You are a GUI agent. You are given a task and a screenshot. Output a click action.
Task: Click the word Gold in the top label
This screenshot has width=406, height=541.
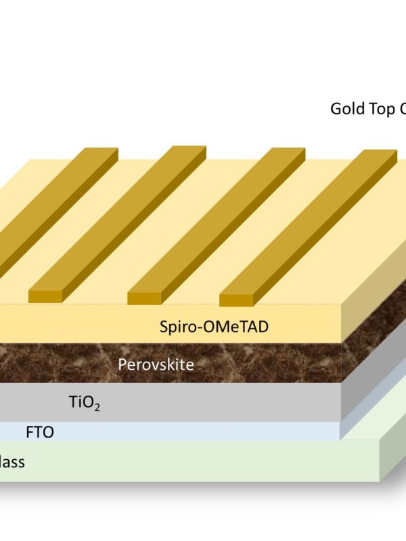pyautogui.click(x=346, y=109)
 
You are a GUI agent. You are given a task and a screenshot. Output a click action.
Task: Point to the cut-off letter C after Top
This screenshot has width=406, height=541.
pyautogui.click(x=401, y=109)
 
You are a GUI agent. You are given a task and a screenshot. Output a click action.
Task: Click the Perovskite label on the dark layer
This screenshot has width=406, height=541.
pyautogui.click(x=156, y=365)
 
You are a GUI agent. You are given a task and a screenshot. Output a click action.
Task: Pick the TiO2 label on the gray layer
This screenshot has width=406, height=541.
pyautogui.click(x=84, y=404)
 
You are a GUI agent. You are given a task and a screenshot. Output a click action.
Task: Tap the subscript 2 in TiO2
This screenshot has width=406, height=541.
pyautogui.click(x=97, y=408)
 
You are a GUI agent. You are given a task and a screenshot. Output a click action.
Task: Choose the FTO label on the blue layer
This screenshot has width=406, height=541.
pyautogui.click(x=39, y=432)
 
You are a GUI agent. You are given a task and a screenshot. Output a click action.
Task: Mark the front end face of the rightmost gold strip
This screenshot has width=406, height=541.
pyautogui.click(x=236, y=300)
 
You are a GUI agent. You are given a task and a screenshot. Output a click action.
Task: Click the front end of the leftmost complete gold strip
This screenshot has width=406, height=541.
pyautogui.click(x=45, y=296)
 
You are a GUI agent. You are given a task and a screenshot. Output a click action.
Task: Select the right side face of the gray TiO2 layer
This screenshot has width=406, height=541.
pyautogui.click(x=372, y=379)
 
